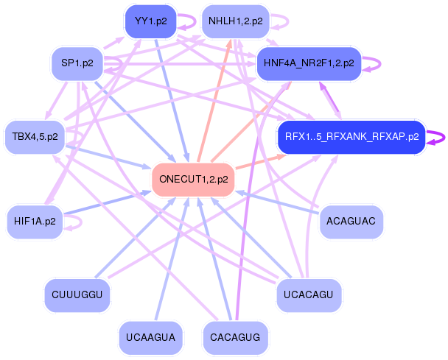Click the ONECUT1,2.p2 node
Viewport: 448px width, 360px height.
pos(193,179)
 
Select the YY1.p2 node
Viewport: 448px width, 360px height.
pos(150,21)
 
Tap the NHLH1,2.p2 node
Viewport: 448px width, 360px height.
pos(235,21)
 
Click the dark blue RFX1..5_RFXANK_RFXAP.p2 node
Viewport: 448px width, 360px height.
pos(351,136)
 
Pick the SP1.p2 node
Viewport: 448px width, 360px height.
pos(77,63)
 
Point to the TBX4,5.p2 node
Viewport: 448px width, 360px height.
pos(35,137)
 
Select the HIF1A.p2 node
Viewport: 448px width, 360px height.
pos(35,219)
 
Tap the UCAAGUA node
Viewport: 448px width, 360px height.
pos(150,338)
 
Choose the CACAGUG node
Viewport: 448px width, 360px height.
pos(235,338)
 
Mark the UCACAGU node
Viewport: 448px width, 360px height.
pos(309,295)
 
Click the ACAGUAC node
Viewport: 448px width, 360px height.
pos(351,219)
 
